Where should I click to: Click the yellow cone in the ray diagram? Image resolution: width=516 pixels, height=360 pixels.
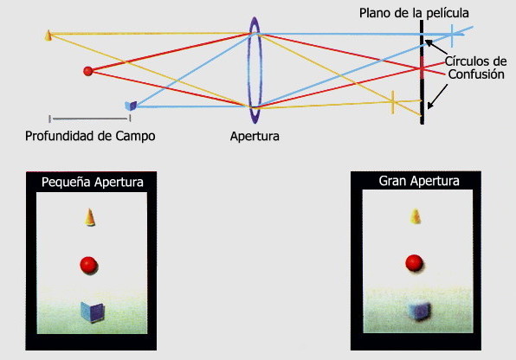point(48,35)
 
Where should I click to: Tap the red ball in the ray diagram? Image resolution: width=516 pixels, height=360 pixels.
point(87,71)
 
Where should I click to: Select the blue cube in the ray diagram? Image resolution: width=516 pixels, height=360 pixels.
point(131,106)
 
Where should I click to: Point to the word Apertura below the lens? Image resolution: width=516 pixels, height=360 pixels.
point(255,136)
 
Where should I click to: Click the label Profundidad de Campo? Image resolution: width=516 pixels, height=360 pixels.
point(90,136)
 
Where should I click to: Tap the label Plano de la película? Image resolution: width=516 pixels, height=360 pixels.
point(414,13)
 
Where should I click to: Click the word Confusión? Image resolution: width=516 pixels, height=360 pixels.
point(476,74)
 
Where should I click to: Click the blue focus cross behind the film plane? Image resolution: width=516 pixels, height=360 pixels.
point(452,35)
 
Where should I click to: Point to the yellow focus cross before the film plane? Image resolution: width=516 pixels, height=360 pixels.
point(392,102)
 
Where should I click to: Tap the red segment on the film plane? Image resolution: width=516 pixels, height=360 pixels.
point(422,67)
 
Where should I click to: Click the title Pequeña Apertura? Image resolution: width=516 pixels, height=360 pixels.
point(93,182)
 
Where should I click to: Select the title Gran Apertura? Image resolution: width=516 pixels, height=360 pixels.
point(419,181)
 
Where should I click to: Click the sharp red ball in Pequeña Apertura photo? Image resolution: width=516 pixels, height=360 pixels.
point(89,265)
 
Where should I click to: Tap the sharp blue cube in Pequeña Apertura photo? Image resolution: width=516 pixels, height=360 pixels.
point(93,312)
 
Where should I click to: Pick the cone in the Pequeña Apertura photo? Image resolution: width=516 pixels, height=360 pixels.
point(89,217)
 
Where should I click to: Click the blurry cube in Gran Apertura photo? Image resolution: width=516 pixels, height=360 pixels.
point(419,311)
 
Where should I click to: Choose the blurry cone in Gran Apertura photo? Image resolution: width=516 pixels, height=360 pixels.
point(416,216)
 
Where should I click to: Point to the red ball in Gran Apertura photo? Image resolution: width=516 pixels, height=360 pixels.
point(415,263)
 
